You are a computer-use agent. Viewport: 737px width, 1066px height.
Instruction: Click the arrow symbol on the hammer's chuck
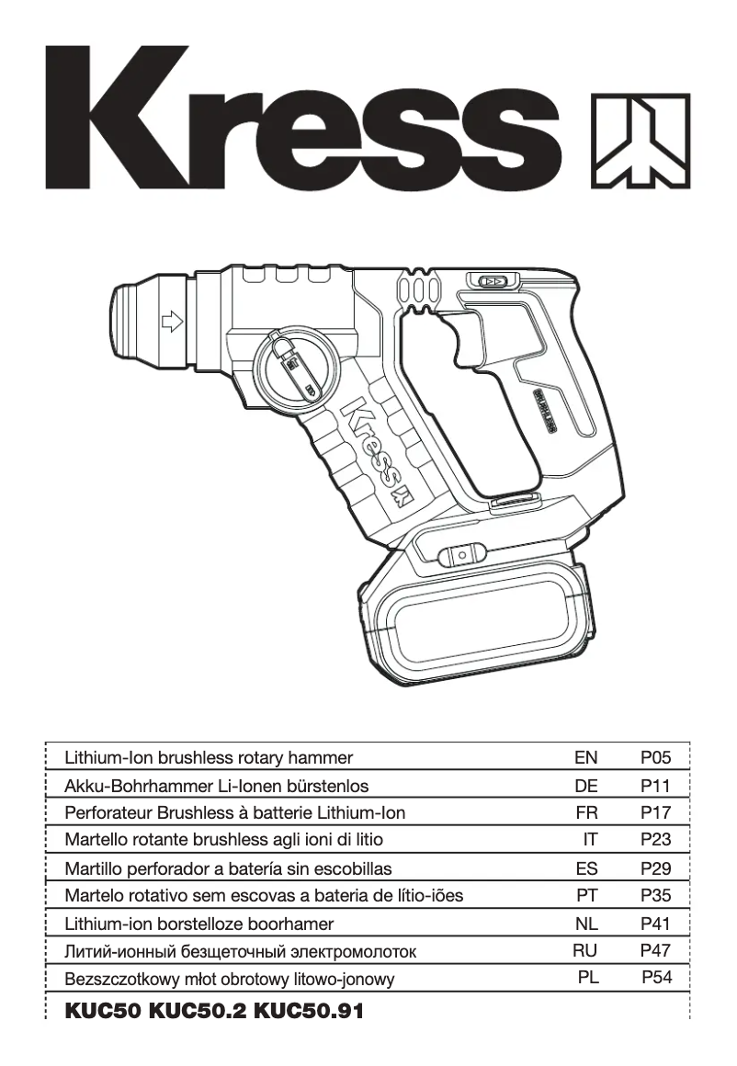(171, 323)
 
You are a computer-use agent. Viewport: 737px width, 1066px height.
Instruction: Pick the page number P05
(656, 758)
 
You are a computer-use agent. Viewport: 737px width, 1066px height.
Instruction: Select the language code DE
(585, 786)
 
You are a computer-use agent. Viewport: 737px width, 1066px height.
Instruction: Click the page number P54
(656, 978)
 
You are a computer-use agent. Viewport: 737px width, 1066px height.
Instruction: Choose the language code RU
(585, 951)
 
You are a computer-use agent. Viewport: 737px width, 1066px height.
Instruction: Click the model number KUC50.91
(309, 1012)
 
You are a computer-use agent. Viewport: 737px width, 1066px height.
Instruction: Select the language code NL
(585, 924)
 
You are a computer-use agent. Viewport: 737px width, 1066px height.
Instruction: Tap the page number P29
(656, 868)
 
